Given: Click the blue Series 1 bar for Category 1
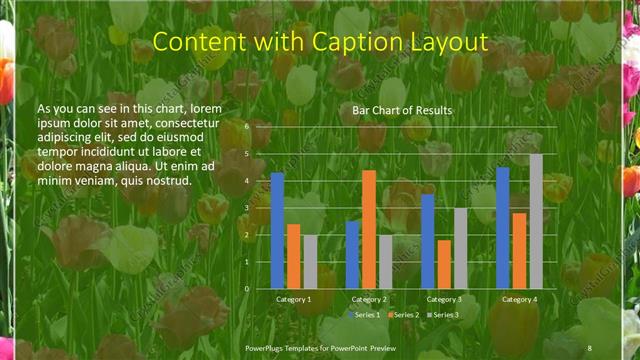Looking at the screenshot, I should coord(277,230).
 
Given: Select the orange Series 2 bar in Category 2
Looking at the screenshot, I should coord(369,229).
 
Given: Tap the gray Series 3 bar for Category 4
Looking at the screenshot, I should coord(536,221).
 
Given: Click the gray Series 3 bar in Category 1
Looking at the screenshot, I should coord(310,261).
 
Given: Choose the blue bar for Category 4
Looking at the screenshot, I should coord(503,227).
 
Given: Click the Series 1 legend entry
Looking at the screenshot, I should coord(365,314).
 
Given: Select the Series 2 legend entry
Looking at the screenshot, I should coord(403,314).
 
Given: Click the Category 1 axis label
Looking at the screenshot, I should coord(293,299).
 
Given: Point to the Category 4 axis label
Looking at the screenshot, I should coord(519,299).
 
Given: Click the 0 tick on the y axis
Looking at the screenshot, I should coord(247,288).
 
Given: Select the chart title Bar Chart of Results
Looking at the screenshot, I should coord(402,109).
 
